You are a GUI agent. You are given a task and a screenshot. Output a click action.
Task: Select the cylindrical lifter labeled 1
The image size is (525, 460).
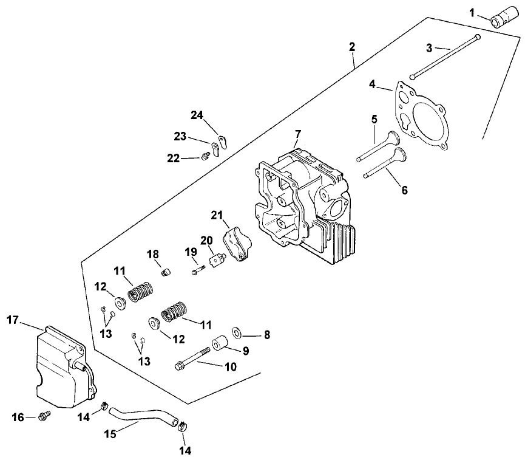point(504,18)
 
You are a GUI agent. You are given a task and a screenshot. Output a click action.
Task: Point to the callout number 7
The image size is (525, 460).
point(297,132)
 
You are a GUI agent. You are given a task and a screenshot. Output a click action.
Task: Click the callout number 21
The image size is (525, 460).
point(217,215)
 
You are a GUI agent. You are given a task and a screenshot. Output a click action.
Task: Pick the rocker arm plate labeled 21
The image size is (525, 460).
point(237,242)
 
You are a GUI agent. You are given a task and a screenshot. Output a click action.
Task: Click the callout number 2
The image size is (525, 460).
point(353,47)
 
